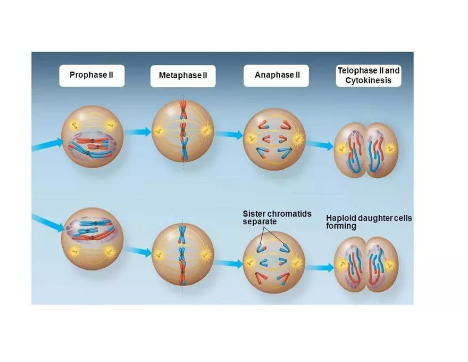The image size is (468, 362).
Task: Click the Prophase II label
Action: (91, 75)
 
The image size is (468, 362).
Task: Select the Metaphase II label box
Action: (183, 76)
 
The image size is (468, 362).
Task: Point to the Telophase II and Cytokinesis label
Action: (369, 76)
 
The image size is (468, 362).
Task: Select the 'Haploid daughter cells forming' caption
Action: (369, 223)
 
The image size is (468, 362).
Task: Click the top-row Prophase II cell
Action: (93, 136)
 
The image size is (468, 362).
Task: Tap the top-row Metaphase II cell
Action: (183, 130)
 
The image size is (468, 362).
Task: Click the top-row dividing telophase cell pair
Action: (366, 150)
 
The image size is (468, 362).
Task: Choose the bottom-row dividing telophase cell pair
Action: (366, 264)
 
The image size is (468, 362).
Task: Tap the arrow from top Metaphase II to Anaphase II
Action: (229, 135)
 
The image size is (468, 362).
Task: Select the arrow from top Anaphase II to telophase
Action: (320, 145)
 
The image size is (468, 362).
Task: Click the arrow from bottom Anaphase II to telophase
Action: (320, 268)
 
